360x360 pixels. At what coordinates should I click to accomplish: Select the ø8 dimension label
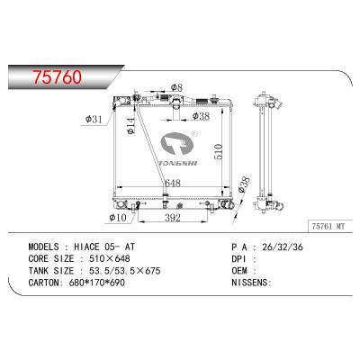coord(177,87)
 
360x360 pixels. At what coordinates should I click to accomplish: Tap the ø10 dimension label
coord(118,218)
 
